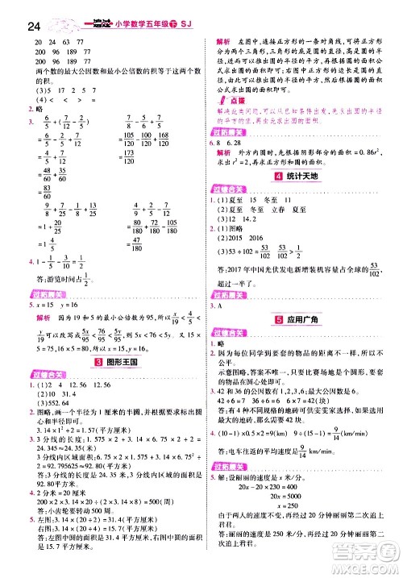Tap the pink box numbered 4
click(279, 175)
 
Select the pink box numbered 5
click(278, 317)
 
